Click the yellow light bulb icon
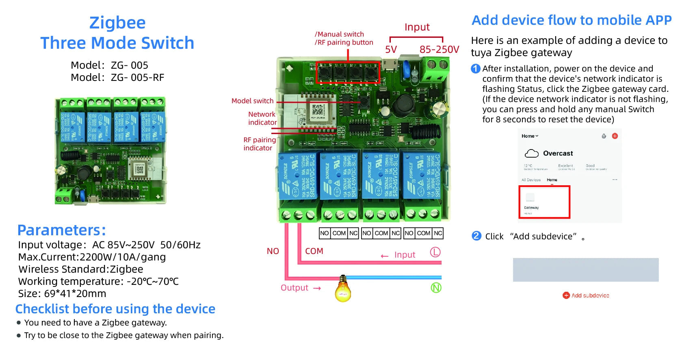pyautogui.click(x=343, y=289)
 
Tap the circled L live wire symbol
pyautogui.click(x=435, y=252)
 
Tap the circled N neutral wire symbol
pyautogui.click(x=436, y=288)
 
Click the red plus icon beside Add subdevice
pyautogui.click(x=566, y=295)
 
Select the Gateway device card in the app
pyautogui.click(x=544, y=202)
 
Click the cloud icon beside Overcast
pyautogui.click(x=531, y=154)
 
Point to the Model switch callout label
pyautogui.click(x=252, y=101)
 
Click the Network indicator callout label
pyautogui.click(x=262, y=118)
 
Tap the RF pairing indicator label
pyautogui.click(x=259, y=144)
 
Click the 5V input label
pyautogui.click(x=391, y=50)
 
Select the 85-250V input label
pyautogui.click(x=439, y=50)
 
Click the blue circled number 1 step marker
pyautogui.click(x=475, y=69)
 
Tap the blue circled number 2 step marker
pyautogui.click(x=476, y=236)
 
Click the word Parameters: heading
pyautogui.click(x=61, y=230)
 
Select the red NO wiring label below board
pyautogui.click(x=273, y=251)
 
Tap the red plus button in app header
pyautogui.click(x=615, y=136)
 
